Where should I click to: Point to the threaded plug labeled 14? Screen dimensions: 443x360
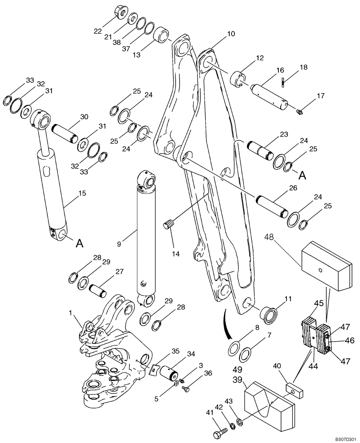coord(168,225)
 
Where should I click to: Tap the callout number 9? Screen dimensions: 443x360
coord(118,244)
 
